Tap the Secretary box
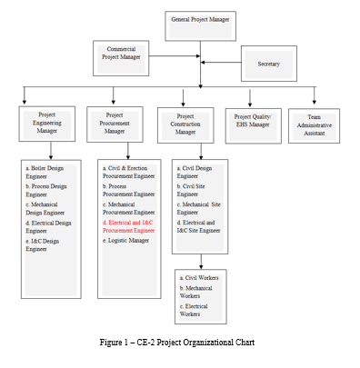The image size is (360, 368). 268,65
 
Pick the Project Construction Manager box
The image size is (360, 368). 185,124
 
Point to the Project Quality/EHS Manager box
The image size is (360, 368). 253,122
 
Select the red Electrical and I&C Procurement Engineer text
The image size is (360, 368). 129,225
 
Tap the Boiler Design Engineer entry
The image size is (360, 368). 50,170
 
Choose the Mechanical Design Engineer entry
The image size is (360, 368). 48,207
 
